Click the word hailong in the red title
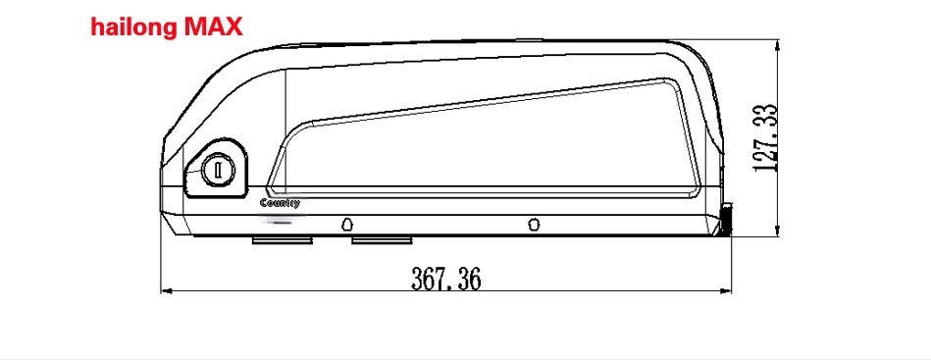pos(134,26)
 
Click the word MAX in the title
pos(207,26)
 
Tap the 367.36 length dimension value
pos(445,279)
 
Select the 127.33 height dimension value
pos(767,138)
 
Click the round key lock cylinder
pos(217,172)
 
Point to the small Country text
pos(280,204)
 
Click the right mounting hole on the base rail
pos(533,224)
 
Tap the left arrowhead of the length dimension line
pos(167,290)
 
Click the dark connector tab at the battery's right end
pos(727,221)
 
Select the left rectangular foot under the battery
pos(283,239)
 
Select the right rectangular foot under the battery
pos(383,239)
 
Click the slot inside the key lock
pos(217,172)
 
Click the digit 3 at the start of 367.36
pos(417,279)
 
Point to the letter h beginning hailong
pos(98,26)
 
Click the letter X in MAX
pos(232,26)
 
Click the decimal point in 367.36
pos(448,286)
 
